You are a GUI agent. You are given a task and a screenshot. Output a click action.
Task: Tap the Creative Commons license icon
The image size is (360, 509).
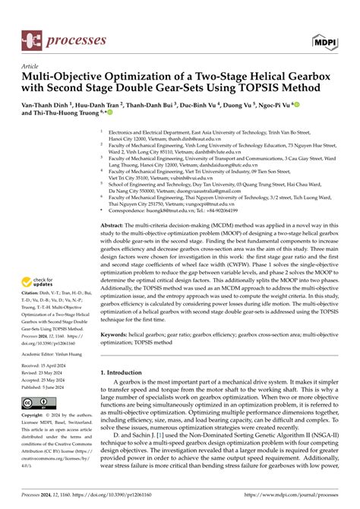click(x=37, y=403)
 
